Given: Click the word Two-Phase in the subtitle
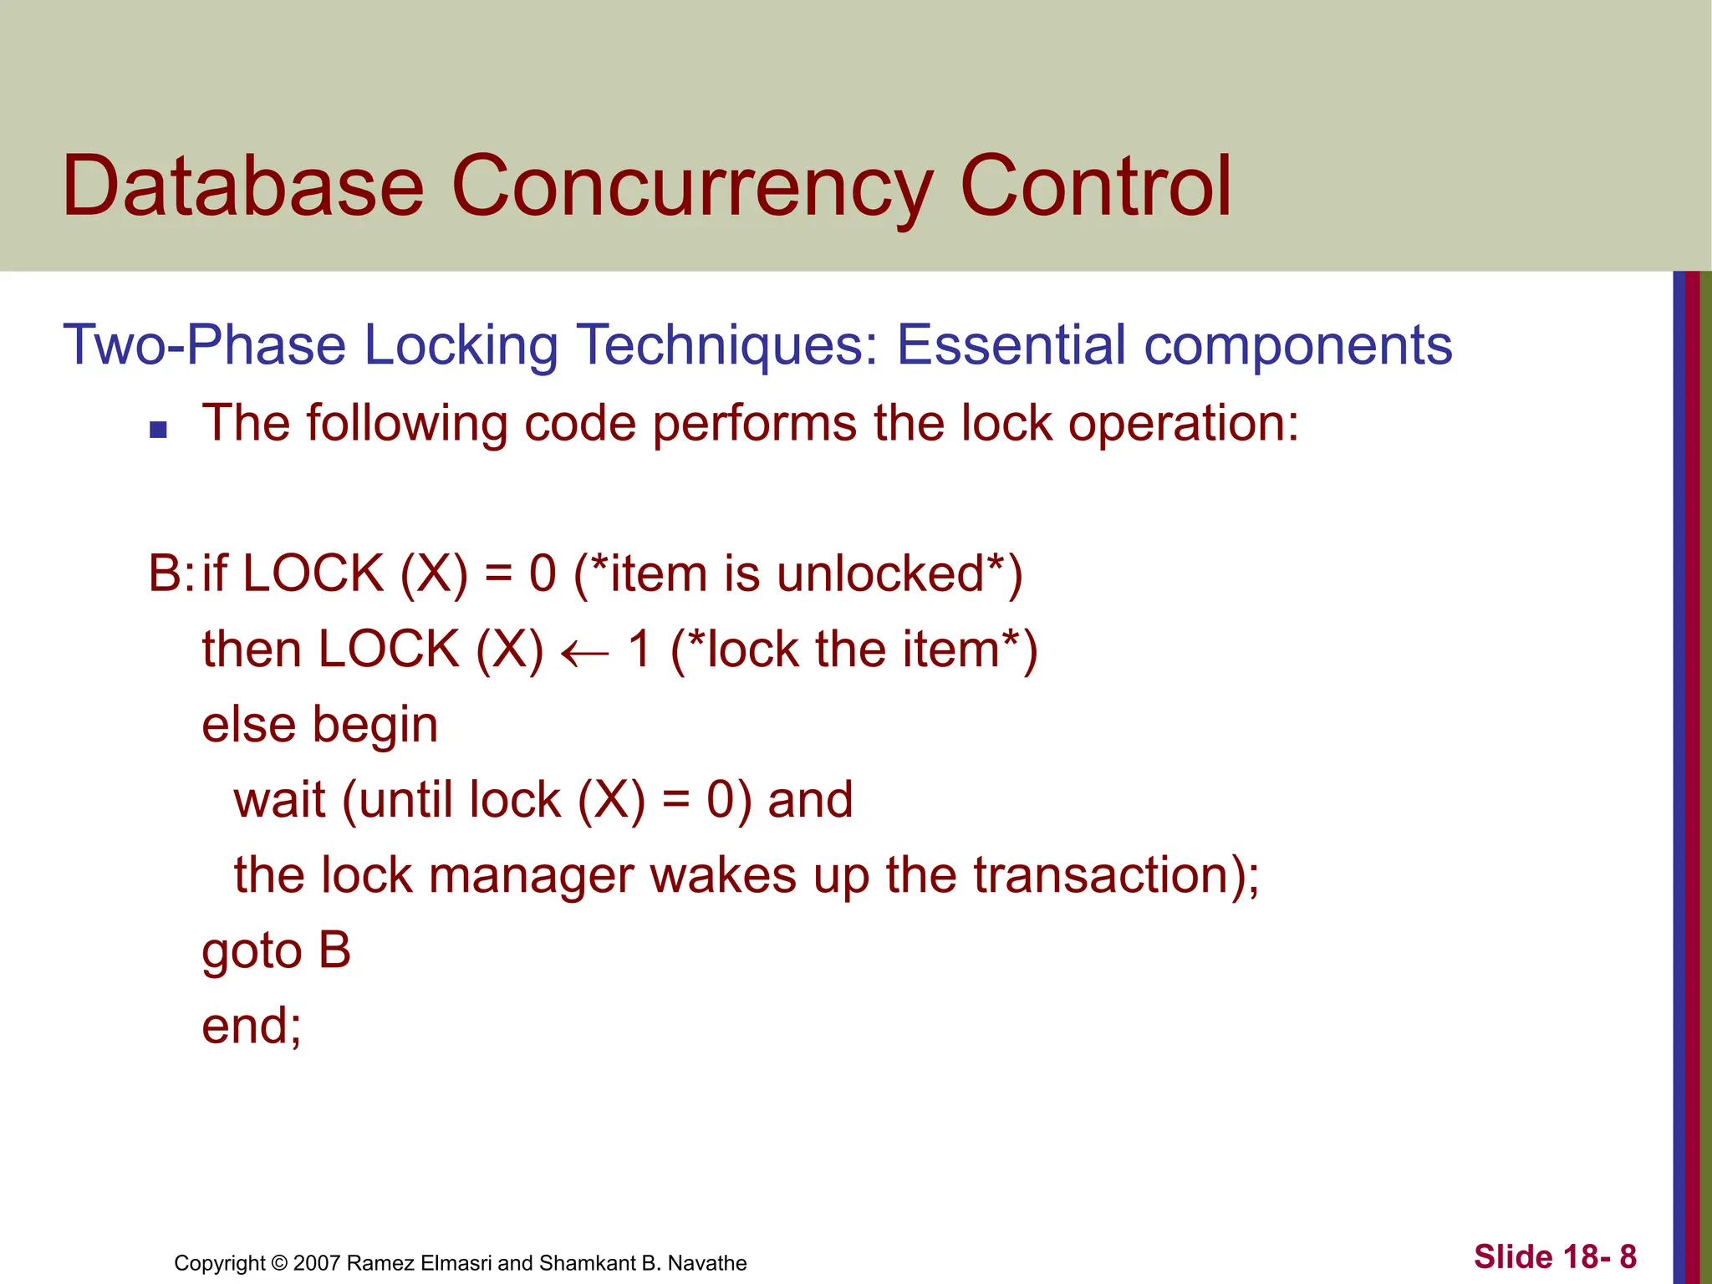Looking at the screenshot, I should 204,345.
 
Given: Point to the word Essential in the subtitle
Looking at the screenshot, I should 1011,344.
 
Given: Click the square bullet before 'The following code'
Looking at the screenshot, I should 158,431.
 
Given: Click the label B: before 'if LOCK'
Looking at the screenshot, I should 171,574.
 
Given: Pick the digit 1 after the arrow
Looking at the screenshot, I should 639,650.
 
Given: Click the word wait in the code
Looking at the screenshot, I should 278,800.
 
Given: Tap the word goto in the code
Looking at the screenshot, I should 251,952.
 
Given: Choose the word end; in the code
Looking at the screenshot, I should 251,1026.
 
